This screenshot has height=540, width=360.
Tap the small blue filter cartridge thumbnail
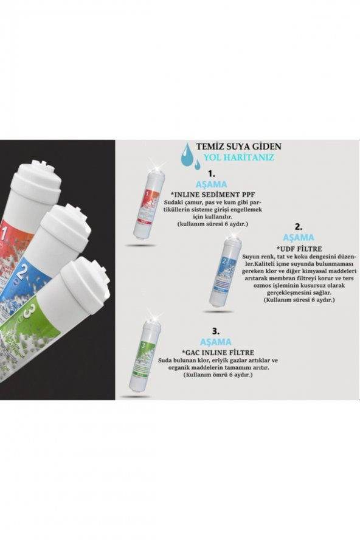224,271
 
